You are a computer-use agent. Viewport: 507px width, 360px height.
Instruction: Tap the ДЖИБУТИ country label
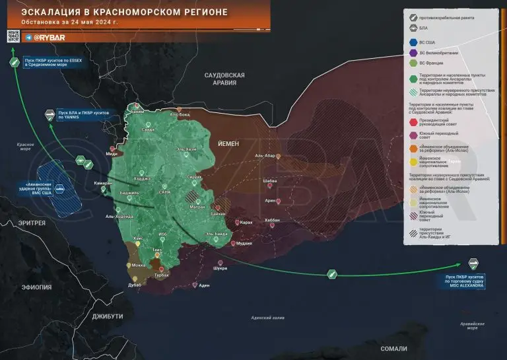coord(108,316)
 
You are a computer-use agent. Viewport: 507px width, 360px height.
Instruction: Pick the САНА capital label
coord(166,192)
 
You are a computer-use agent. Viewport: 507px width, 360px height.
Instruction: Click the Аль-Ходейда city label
coord(119,216)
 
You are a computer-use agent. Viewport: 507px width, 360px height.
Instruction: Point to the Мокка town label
coord(139,265)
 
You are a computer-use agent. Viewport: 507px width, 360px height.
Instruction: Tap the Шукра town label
coord(220,268)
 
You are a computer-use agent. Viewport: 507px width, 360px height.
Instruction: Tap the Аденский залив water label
coord(267,318)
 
